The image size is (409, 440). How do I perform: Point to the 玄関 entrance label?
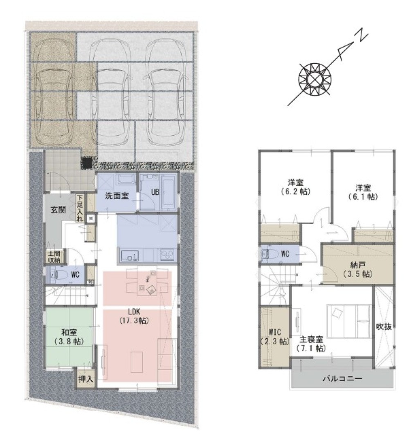pos(58,210)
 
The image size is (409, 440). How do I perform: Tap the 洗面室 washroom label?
pos(117,196)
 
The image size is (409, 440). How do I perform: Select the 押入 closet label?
pos(86,379)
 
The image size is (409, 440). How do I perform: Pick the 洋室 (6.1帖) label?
pos(363,192)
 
